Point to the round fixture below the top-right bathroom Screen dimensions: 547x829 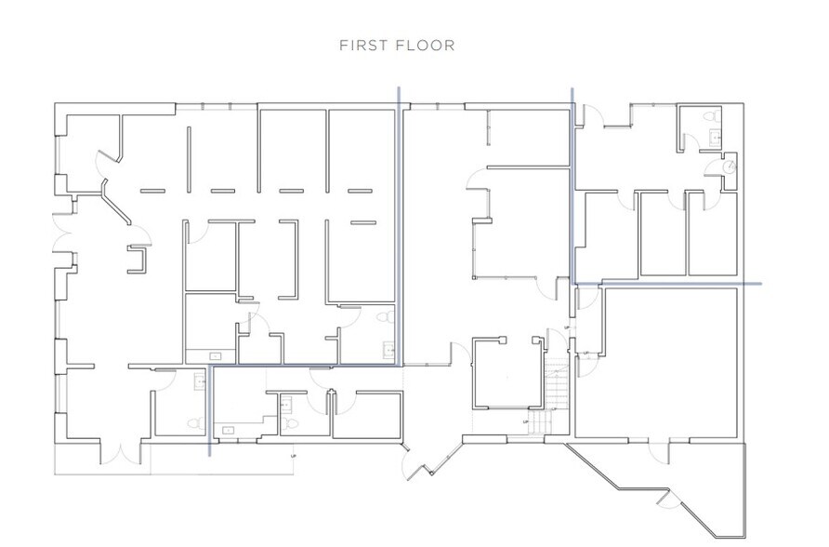click(x=731, y=167)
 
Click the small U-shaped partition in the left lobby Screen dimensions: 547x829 click(x=138, y=258)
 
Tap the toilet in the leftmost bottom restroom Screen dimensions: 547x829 click(x=194, y=422)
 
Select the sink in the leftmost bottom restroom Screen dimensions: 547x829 click(x=199, y=381)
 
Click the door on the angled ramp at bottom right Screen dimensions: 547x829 click(x=667, y=500)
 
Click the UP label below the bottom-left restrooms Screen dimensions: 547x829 click(x=294, y=457)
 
